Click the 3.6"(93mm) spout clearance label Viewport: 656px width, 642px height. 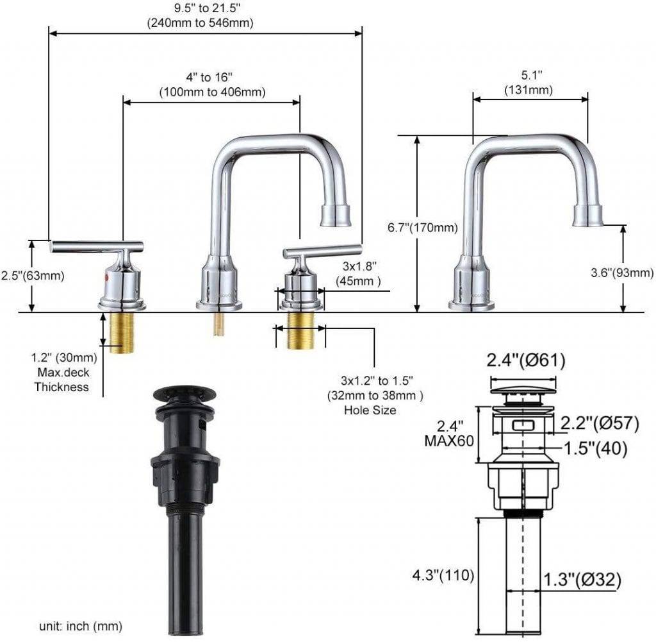[x=621, y=273]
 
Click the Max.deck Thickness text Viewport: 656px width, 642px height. [x=61, y=380]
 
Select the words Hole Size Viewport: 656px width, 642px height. [x=374, y=410]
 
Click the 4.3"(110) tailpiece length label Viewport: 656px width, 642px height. [x=443, y=576]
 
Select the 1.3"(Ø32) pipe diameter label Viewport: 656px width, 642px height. [x=583, y=580]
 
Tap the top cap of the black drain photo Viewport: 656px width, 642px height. [x=184, y=392]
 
